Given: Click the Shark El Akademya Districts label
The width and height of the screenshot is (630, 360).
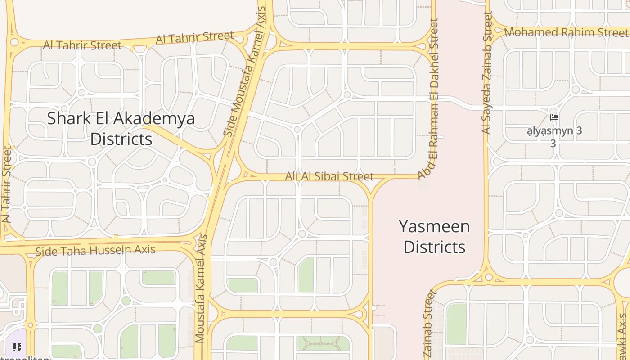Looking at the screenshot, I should click(x=121, y=129).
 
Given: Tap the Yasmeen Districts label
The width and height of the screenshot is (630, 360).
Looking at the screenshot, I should click(x=434, y=237).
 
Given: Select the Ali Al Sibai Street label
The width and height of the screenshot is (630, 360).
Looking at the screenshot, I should click(x=329, y=176).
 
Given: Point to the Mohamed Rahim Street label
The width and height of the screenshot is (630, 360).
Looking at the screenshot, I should click(x=566, y=32).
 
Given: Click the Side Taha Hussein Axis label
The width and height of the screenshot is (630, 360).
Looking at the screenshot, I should click(x=95, y=250).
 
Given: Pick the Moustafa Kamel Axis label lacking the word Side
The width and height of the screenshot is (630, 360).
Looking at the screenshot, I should click(x=201, y=289).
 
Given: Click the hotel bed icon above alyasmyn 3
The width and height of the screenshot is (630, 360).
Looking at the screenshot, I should click(x=554, y=117).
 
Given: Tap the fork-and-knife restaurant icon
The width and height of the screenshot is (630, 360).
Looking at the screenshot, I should click(x=17, y=347).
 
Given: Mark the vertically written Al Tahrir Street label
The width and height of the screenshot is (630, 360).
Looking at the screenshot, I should click(x=7, y=184).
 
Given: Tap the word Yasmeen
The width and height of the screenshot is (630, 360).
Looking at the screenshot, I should click(x=434, y=226).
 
